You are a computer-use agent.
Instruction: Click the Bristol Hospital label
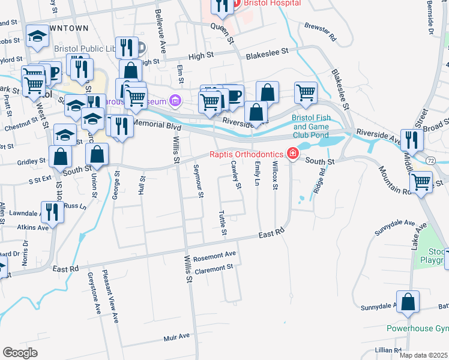click(x=271, y=3)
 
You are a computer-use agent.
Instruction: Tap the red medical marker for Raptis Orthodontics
click(x=292, y=154)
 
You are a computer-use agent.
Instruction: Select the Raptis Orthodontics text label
click(x=247, y=154)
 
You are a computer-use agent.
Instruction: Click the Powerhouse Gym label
click(x=417, y=329)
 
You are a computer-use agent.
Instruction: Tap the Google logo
click(x=20, y=352)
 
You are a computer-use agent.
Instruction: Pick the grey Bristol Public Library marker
click(x=142, y=47)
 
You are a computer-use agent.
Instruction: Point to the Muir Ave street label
click(x=176, y=338)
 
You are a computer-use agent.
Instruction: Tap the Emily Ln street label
click(x=257, y=173)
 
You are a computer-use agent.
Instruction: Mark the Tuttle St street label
click(x=223, y=223)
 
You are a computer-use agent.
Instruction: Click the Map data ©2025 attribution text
click(x=423, y=355)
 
